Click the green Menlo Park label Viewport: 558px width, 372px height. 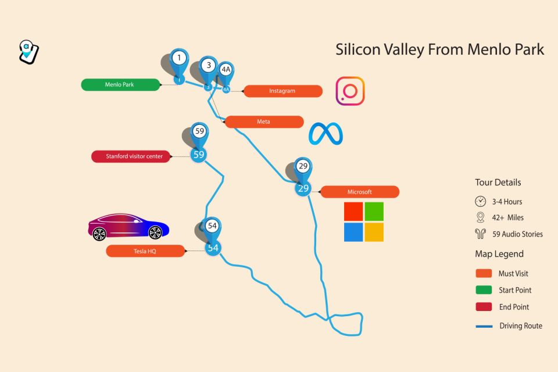click(x=120, y=85)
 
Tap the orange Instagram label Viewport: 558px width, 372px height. click(x=282, y=91)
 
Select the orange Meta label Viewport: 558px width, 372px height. click(x=264, y=122)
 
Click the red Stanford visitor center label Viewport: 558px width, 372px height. click(x=131, y=156)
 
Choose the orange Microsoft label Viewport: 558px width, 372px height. click(x=360, y=192)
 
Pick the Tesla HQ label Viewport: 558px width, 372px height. click(x=145, y=251)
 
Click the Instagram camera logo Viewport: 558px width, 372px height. click(x=350, y=91)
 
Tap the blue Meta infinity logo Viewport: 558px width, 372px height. click(x=325, y=134)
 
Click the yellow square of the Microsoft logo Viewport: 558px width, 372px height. click(x=374, y=232)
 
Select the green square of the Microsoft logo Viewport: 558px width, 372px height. click(x=374, y=212)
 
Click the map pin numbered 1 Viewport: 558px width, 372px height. click(x=180, y=58)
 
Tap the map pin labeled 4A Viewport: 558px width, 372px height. click(x=226, y=70)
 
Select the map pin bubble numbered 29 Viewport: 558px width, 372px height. click(x=303, y=166)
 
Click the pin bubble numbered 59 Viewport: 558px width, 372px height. click(x=199, y=131)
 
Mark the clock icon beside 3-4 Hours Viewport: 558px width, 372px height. click(x=480, y=202)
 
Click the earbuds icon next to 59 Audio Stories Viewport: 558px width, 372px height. click(x=480, y=234)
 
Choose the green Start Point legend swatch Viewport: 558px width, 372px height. click(x=484, y=290)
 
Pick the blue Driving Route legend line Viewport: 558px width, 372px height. click(x=484, y=326)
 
